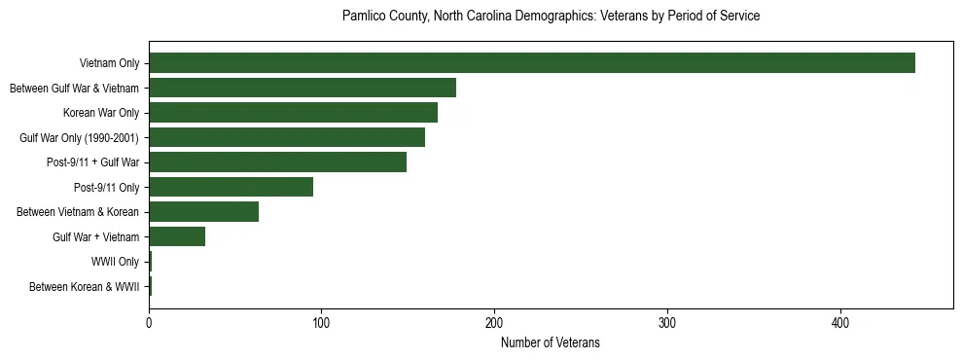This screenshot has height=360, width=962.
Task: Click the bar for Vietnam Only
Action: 532,63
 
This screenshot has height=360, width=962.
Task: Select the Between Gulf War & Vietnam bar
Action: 303,88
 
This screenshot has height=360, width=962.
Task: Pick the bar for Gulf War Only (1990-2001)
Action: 287,137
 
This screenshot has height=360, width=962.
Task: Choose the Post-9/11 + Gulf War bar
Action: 277,162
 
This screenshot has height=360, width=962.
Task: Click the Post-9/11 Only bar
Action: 232,187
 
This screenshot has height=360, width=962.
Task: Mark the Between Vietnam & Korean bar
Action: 203,212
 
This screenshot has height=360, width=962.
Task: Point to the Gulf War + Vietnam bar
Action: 177,236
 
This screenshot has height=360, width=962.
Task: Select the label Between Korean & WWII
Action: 85,287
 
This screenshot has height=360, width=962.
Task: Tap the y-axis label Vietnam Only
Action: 110,64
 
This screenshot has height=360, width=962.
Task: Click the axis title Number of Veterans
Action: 551,342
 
